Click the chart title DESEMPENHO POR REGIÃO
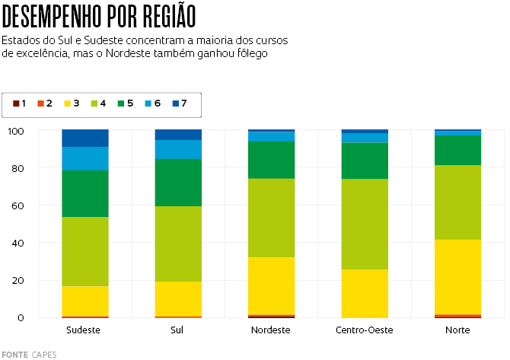pyautogui.click(x=99, y=15)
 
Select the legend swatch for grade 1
pyautogui.click(x=16, y=103)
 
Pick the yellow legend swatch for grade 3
pyautogui.click(x=68, y=103)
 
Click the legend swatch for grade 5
pyautogui.click(x=120, y=103)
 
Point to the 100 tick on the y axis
pyautogui.click(x=16, y=131)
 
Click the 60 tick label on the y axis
pyautogui.click(x=18, y=205)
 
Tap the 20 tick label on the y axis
pyautogui.click(x=18, y=280)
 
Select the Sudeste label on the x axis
pyautogui.click(x=84, y=330)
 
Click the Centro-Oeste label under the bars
pyautogui.click(x=365, y=330)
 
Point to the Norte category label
pyautogui.click(x=458, y=330)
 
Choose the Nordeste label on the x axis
pyautogui.click(x=271, y=330)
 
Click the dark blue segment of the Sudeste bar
pyautogui.click(x=85, y=138)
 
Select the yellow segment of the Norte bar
pyautogui.click(x=458, y=276)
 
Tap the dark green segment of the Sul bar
pyautogui.click(x=178, y=182)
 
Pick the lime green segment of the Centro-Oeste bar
pyautogui.click(x=365, y=224)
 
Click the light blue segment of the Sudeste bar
pyautogui.click(x=85, y=158)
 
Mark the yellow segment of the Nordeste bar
pyautogui.click(x=272, y=285)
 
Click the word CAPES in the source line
pyautogui.click(x=44, y=354)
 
